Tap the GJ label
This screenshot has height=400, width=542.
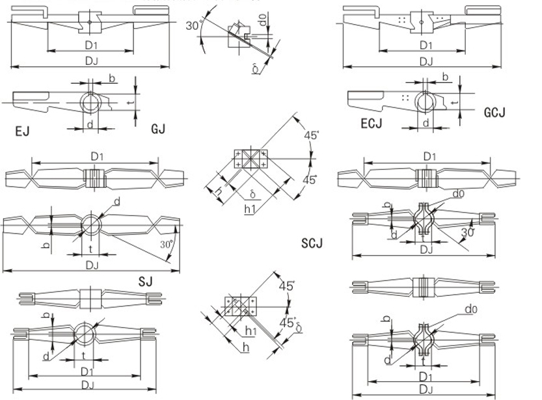tap(158, 129)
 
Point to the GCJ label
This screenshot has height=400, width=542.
tap(495, 113)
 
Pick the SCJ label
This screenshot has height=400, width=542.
tap(312, 244)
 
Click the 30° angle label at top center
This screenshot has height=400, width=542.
tap(192, 26)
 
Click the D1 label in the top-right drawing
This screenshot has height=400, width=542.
tap(426, 45)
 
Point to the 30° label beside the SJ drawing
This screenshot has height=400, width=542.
tap(167, 245)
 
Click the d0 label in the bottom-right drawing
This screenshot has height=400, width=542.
tap(470, 309)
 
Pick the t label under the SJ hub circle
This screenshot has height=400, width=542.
tap(90, 247)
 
